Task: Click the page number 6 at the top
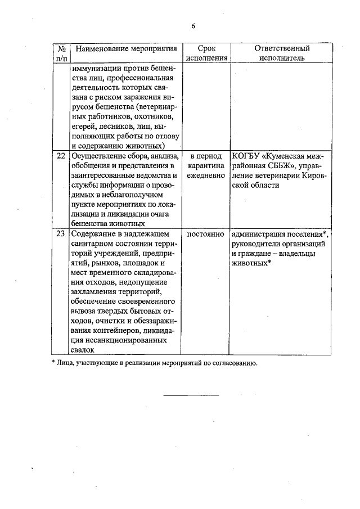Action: click(x=193, y=26)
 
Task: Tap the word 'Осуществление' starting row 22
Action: click(x=98, y=156)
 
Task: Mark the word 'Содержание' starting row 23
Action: click(x=93, y=233)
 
